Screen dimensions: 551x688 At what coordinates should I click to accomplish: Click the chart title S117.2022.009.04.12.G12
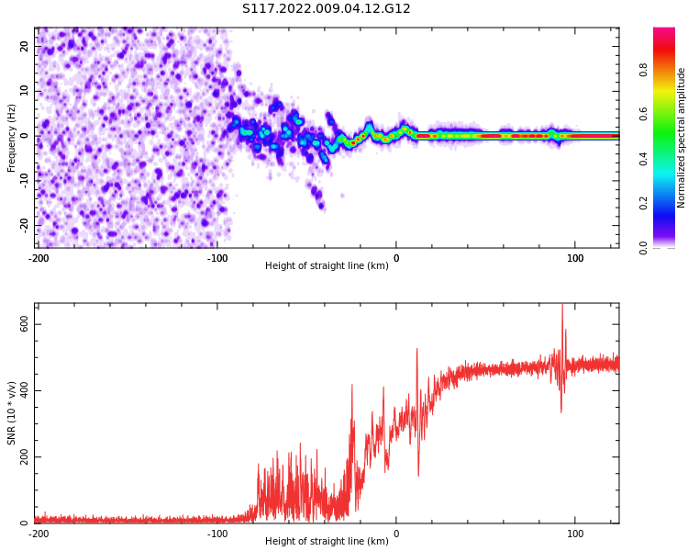(x=327, y=9)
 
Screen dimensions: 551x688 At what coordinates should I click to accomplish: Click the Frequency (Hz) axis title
(x=12, y=137)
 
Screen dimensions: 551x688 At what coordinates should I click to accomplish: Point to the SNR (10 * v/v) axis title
(x=12, y=413)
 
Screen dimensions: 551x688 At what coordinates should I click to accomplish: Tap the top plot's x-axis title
(x=327, y=266)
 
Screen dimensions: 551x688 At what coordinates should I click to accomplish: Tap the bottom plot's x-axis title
(x=327, y=541)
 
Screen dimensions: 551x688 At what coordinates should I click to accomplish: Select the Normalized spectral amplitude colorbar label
(x=682, y=137)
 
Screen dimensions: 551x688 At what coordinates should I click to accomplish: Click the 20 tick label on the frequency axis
(x=24, y=46)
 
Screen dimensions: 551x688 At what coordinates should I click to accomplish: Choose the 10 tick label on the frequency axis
(x=24, y=91)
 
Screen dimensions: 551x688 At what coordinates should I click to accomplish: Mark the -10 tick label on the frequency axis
(x=22, y=180)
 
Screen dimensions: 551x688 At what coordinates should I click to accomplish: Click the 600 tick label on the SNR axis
(x=20, y=324)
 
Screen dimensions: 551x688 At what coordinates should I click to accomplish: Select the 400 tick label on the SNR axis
(x=20, y=390)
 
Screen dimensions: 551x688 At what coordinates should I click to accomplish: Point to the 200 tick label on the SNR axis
(x=20, y=456)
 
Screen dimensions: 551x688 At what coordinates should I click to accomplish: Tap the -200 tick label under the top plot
(x=39, y=258)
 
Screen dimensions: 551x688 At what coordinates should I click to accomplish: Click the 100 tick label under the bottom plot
(x=575, y=533)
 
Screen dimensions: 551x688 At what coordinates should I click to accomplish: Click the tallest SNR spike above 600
(x=562, y=307)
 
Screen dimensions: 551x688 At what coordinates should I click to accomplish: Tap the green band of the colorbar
(x=664, y=147)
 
